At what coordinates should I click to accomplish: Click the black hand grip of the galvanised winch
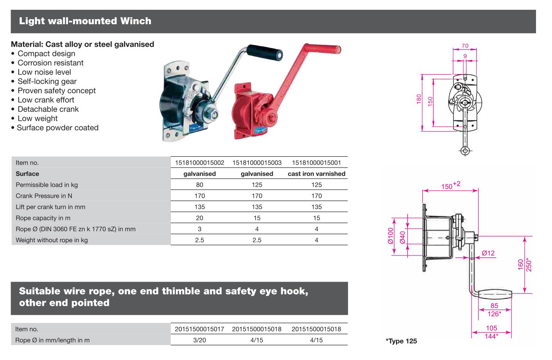(264, 53)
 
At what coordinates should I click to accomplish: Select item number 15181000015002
(200, 163)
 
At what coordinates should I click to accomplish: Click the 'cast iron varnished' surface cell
(316, 174)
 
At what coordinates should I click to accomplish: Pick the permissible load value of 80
(200, 185)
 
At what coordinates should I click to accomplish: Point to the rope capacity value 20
(200, 218)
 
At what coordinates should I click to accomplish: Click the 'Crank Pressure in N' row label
(44, 196)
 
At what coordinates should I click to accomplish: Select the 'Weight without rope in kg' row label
(52, 240)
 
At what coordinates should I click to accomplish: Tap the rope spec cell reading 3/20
(200, 340)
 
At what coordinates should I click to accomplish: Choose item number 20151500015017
(200, 329)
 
